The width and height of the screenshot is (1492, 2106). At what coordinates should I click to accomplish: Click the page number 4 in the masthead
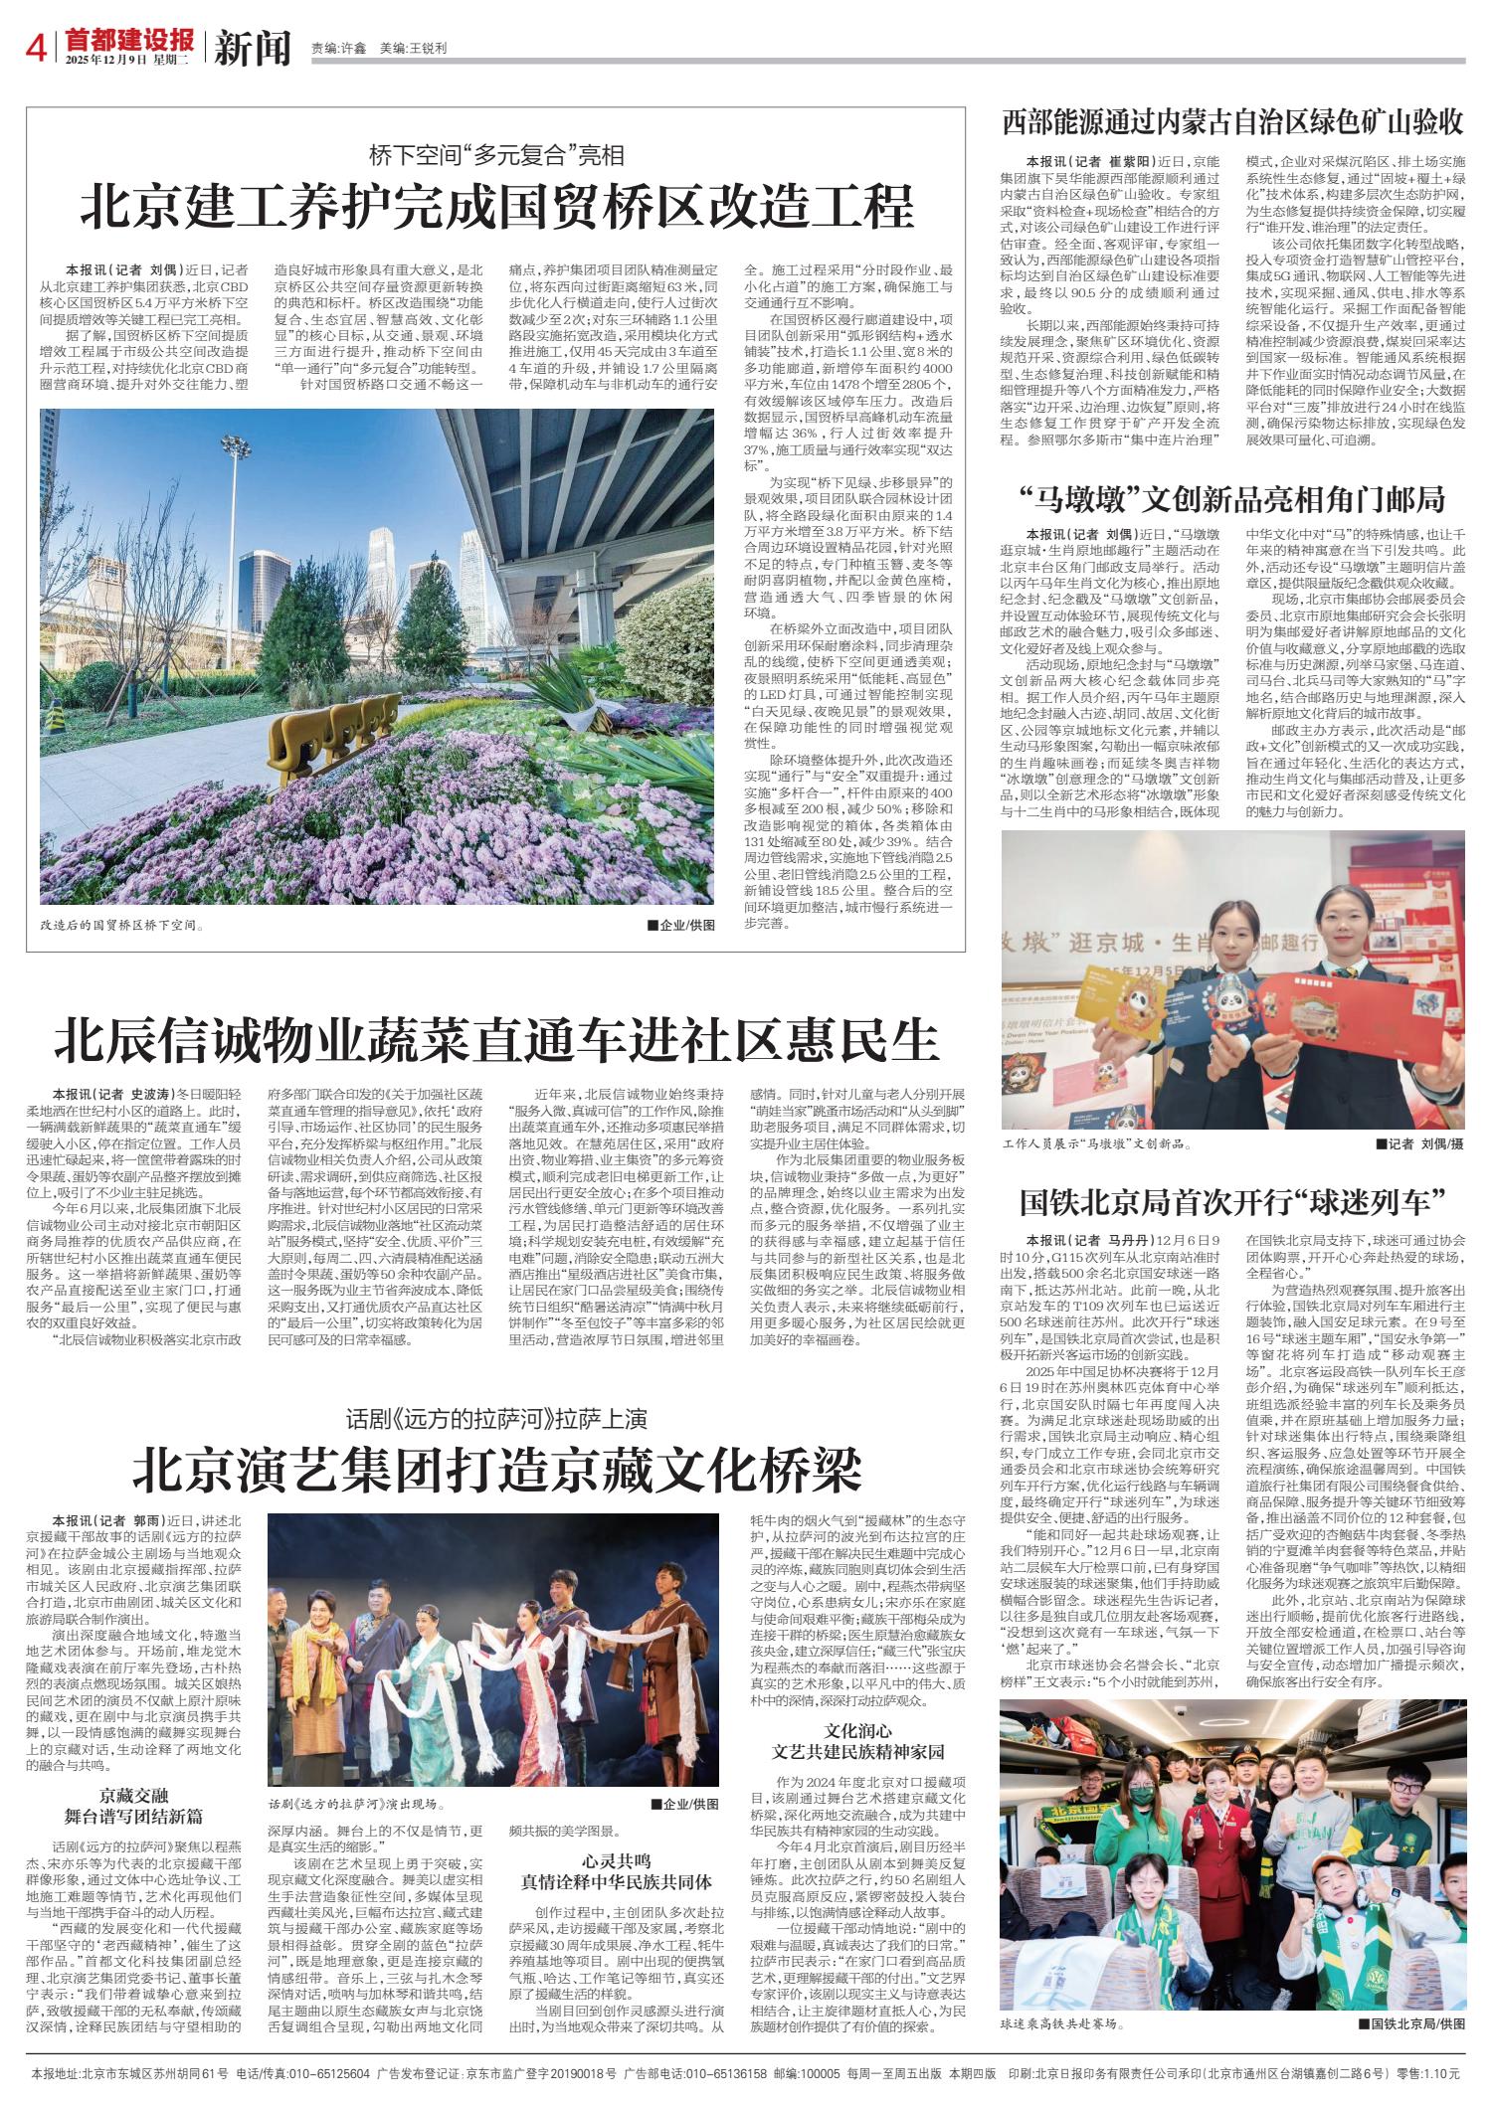41,46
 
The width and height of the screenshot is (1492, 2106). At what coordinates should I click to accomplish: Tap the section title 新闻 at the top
252,46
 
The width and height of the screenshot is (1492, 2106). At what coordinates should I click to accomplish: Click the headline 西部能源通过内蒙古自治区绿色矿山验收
1232,124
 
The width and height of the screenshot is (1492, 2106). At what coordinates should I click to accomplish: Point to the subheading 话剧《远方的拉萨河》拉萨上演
496,1417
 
